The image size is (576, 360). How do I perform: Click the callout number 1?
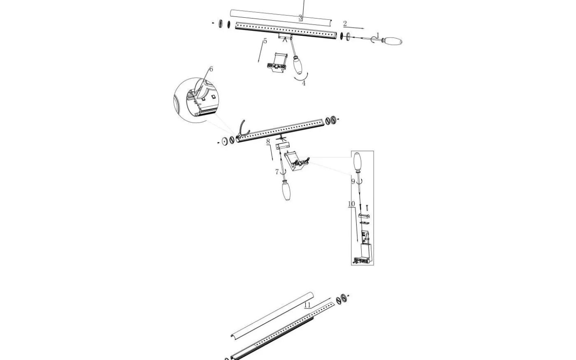pyautogui.click(x=378, y=35)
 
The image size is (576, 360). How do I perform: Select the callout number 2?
pyautogui.click(x=345, y=24)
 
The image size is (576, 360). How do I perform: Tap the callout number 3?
pyautogui.click(x=300, y=17)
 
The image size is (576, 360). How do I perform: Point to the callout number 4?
pyautogui.click(x=304, y=83)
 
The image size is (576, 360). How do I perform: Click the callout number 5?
pyautogui.click(x=265, y=41)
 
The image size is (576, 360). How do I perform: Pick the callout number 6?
pyautogui.click(x=211, y=69)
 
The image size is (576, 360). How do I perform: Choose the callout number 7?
pyautogui.click(x=277, y=172)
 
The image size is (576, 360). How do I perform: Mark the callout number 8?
pyautogui.click(x=268, y=142)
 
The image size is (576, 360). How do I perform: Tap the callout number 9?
pyautogui.click(x=353, y=181)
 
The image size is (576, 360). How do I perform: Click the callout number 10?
pyautogui.click(x=351, y=204)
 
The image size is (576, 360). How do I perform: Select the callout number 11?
pyautogui.click(x=307, y=305)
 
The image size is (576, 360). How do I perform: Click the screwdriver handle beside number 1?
pyautogui.click(x=392, y=41)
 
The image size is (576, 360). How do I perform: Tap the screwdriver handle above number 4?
pyautogui.click(x=297, y=65)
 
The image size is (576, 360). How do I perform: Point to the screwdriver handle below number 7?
pyautogui.click(x=286, y=190)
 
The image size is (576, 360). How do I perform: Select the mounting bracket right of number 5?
pyautogui.click(x=277, y=62)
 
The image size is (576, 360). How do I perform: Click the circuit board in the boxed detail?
pyautogui.click(x=365, y=237)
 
